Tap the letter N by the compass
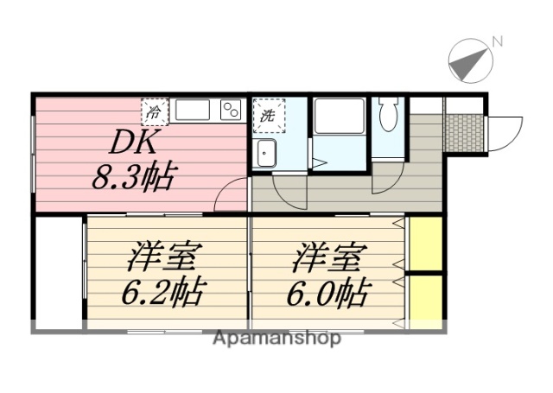tap(497, 41)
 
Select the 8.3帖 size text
tap(133, 178)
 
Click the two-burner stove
tap(231, 111)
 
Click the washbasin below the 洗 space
tap(266, 153)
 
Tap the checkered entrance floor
tap(465, 129)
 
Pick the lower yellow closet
tap(425, 300)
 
